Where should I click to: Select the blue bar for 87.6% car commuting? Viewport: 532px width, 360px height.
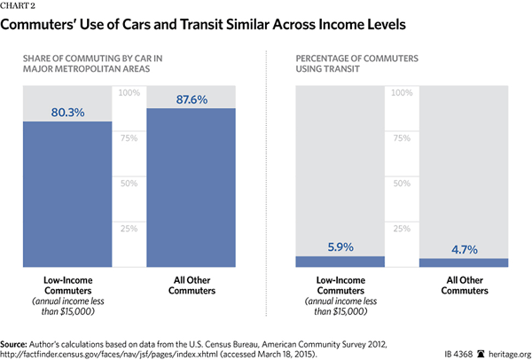pyautogui.click(x=192, y=191)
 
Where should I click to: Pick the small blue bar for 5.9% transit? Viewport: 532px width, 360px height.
pyautogui.click(x=340, y=262)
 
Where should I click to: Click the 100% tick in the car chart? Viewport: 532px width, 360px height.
pyautogui.click(x=129, y=93)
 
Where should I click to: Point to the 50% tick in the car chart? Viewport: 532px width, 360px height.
pyautogui.click(x=129, y=184)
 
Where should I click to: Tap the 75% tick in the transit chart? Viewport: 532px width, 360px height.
pyautogui.click(x=402, y=138)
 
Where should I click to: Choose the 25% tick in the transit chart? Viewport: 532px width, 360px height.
pyautogui.click(x=402, y=229)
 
